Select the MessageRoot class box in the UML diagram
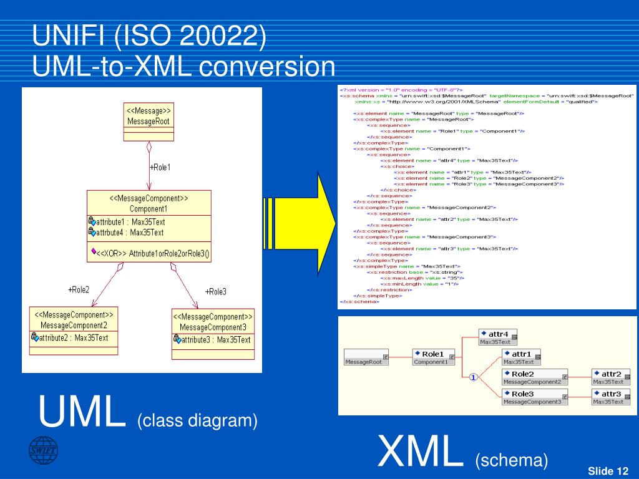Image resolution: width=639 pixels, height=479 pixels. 149,117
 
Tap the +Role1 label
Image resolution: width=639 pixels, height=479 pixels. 160,167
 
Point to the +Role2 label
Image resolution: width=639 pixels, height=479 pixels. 79,289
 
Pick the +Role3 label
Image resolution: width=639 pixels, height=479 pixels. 216,291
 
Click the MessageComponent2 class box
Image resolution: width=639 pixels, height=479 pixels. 74,330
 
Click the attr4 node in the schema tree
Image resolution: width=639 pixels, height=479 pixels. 495,337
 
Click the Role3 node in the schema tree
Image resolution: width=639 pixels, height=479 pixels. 535,397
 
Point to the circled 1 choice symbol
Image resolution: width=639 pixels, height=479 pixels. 474,377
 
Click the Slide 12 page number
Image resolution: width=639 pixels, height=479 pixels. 608,471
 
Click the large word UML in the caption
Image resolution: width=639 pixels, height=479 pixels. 82,412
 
